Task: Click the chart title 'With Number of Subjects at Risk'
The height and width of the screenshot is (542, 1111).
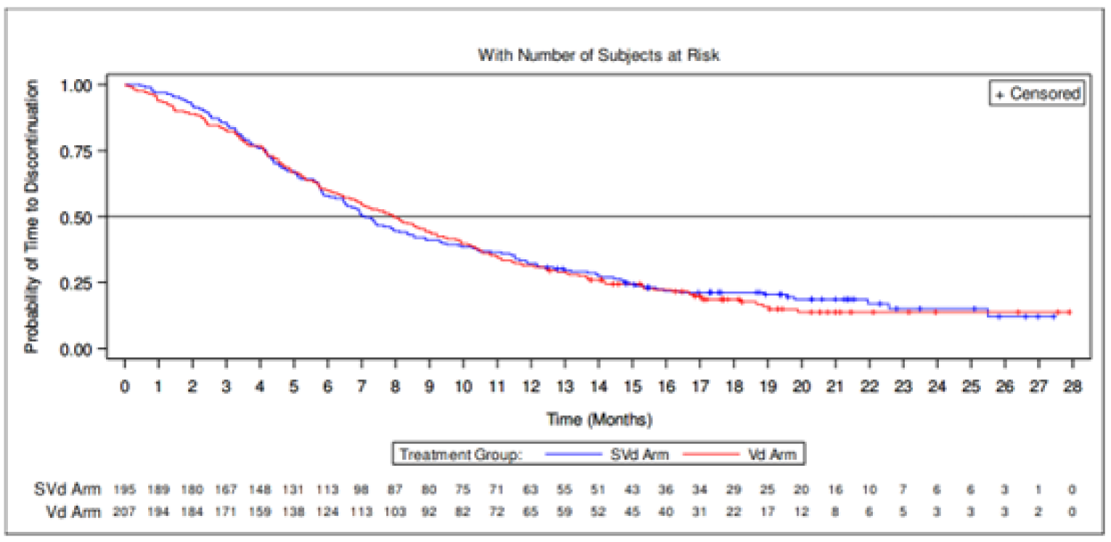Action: [598, 55]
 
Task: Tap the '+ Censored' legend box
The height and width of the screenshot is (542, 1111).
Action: [1036, 94]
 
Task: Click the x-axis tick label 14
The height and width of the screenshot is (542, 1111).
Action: [598, 386]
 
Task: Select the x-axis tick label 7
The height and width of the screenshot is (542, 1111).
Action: [362, 386]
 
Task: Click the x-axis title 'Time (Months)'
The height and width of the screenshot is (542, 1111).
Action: [598, 420]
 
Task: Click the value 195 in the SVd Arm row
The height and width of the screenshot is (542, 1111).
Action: [125, 490]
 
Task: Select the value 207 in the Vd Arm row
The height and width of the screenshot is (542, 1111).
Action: [125, 511]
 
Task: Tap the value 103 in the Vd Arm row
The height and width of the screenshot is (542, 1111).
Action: [395, 511]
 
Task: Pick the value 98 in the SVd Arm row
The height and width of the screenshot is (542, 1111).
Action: [362, 490]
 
